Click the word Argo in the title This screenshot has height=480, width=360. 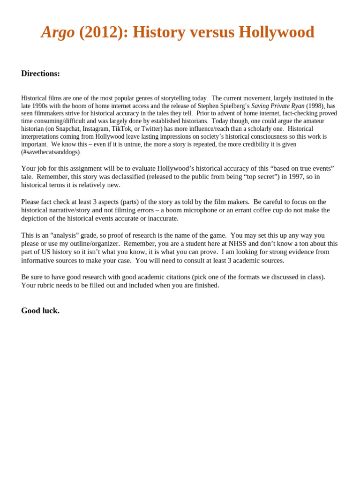(58, 32)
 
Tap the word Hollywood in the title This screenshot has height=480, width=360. (276, 32)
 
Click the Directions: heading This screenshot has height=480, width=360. (40, 74)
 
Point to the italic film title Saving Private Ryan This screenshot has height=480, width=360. (277, 106)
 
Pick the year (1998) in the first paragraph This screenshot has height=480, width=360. (315, 106)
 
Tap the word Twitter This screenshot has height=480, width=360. (151, 129)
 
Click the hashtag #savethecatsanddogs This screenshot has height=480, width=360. (51, 152)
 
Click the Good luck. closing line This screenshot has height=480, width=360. (40, 311)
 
